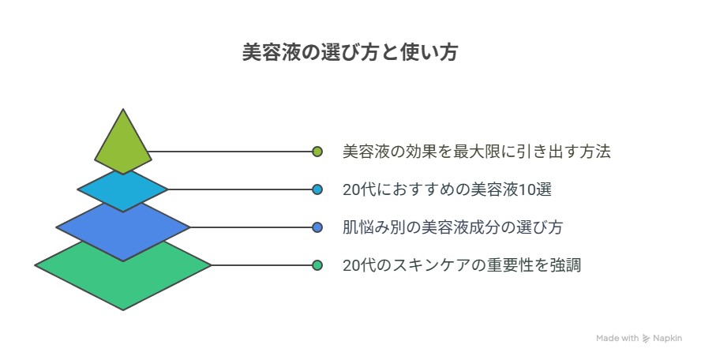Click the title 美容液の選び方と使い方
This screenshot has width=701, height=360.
click(350, 52)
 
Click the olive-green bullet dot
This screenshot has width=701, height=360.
click(317, 152)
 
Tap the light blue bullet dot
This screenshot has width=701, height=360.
click(317, 189)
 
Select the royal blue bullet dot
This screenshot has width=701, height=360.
click(317, 227)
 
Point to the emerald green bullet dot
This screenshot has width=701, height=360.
click(317, 265)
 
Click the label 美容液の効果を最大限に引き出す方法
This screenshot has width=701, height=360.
click(477, 152)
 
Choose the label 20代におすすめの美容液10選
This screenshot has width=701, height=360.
click(447, 189)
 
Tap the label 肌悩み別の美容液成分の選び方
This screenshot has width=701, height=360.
click(452, 227)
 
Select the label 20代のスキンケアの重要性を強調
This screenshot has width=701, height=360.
click(462, 265)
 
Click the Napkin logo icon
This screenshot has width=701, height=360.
click(646, 339)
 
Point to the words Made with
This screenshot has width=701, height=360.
click(617, 338)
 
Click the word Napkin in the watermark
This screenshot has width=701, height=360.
click(668, 339)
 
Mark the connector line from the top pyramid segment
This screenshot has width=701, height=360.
click(231, 152)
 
